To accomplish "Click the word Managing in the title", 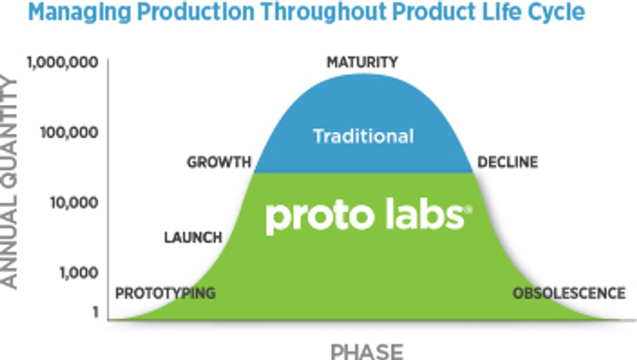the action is coord(80,12).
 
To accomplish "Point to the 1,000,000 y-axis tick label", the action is coord(62,62).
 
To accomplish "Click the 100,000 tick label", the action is coord(69,133).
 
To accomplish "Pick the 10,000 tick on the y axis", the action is coord(74,202).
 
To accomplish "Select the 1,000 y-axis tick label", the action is coord(79,273).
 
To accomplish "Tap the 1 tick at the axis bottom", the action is coord(95,312).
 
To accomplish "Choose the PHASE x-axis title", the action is coord(367,351).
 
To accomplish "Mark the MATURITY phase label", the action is coord(362,62).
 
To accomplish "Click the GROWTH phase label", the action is coord(219,162).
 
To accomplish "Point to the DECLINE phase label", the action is coord(508,162).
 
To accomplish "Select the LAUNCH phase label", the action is coord(193,237).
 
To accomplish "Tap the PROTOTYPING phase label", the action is coord(166,293).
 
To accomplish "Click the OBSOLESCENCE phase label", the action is coord(569,293).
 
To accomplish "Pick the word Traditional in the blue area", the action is coord(363,136).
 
